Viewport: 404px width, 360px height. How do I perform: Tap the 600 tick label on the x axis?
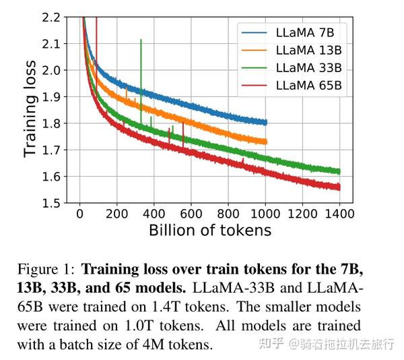[x=191, y=214]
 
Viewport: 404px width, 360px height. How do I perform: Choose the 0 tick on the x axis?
[x=80, y=214]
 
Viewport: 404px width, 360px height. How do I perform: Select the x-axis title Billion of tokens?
[x=209, y=231]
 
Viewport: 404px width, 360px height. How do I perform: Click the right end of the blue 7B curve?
[x=265, y=122]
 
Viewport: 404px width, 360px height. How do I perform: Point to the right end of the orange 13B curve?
[x=265, y=142]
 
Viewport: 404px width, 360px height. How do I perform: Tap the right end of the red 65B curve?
[x=339, y=187]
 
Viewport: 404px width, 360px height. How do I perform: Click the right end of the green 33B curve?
[x=339, y=171]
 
